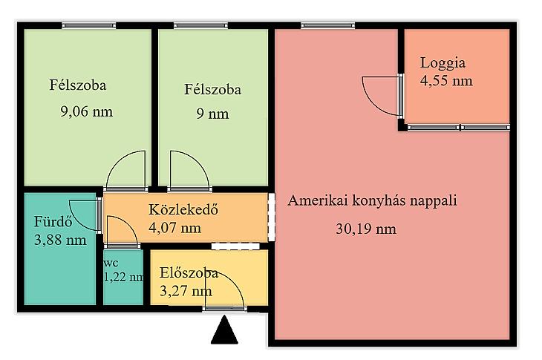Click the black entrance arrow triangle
click(x=224, y=330)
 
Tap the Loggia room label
click(x=443, y=64)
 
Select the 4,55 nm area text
click(x=446, y=81)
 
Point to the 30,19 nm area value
click(x=366, y=229)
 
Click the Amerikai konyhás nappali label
click(x=372, y=201)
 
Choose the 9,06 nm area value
click(x=86, y=112)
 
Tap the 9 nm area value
click(x=212, y=114)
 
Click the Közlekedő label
click(x=183, y=210)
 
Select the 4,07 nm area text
click(x=175, y=228)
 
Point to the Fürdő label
click(x=53, y=221)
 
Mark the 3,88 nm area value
click(x=60, y=240)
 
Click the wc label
click(x=111, y=264)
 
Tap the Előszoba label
click(x=189, y=273)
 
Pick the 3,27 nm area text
click(x=186, y=291)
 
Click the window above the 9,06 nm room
click(x=89, y=25)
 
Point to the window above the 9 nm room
click(x=200, y=25)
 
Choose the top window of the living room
click(x=328, y=25)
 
